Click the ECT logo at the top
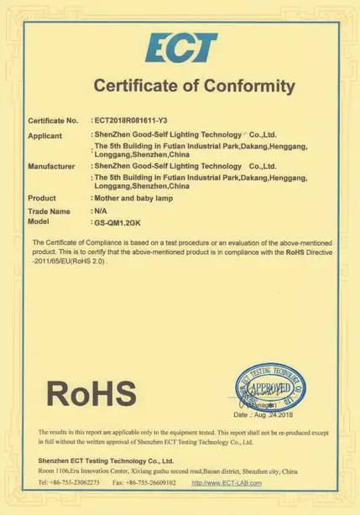click(x=180, y=48)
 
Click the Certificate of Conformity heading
click(x=194, y=86)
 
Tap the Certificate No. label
click(x=53, y=121)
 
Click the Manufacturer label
click(x=52, y=166)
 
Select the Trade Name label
click(x=49, y=211)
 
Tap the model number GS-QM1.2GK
click(x=121, y=222)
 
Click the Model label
click(x=39, y=221)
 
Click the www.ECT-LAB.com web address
click(x=227, y=482)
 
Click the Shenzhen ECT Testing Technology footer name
click(x=105, y=460)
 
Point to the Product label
click(x=42, y=198)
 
